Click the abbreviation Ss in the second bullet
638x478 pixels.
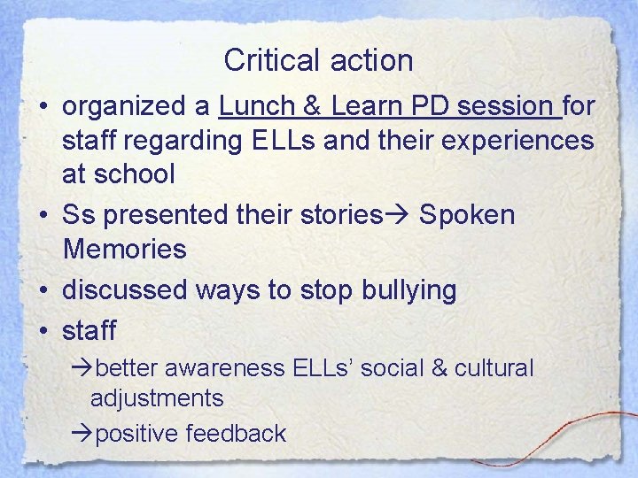(x=79, y=215)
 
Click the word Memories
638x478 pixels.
(x=124, y=249)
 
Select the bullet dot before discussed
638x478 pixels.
(x=43, y=289)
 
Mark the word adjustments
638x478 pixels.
(x=157, y=398)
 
